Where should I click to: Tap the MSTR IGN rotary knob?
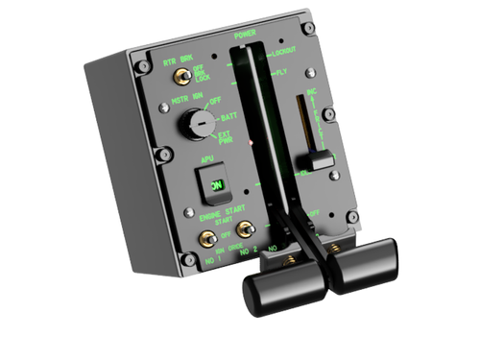click(x=199, y=123)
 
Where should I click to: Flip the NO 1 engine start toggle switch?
click(x=204, y=236)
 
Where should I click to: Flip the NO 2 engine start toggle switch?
click(x=247, y=228)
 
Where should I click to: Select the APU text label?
click(x=205, y=160)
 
